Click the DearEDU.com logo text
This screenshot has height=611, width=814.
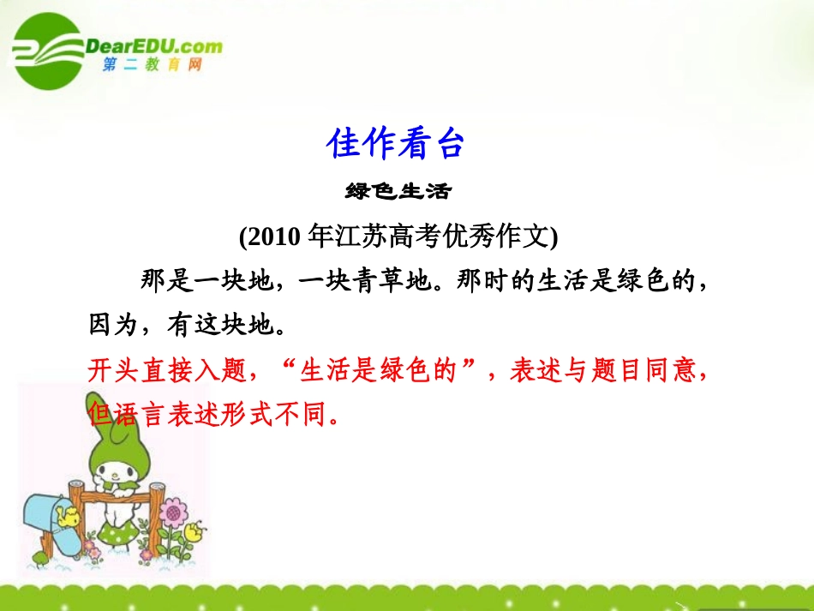pos(154,46)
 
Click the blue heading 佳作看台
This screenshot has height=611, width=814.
pos(395,145)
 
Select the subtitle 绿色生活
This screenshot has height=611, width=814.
pos(397,191)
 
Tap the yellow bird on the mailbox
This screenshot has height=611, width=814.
pos(66,515)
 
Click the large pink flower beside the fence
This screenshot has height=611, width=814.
pos(175,515)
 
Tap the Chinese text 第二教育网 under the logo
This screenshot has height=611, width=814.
pos(152,65)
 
